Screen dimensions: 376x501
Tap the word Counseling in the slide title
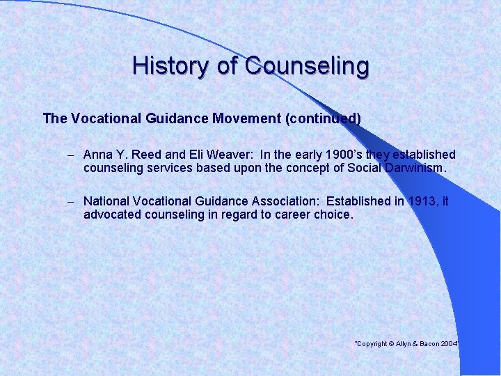pos(307,66)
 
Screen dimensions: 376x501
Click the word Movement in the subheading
pos(246,118)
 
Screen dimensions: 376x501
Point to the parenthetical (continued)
pos(323,118)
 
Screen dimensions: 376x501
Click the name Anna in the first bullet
pos(98,155)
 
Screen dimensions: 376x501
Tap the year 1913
pos(424,201)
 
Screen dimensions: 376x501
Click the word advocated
pos(112,214)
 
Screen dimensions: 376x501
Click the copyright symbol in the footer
pos(392,344)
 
